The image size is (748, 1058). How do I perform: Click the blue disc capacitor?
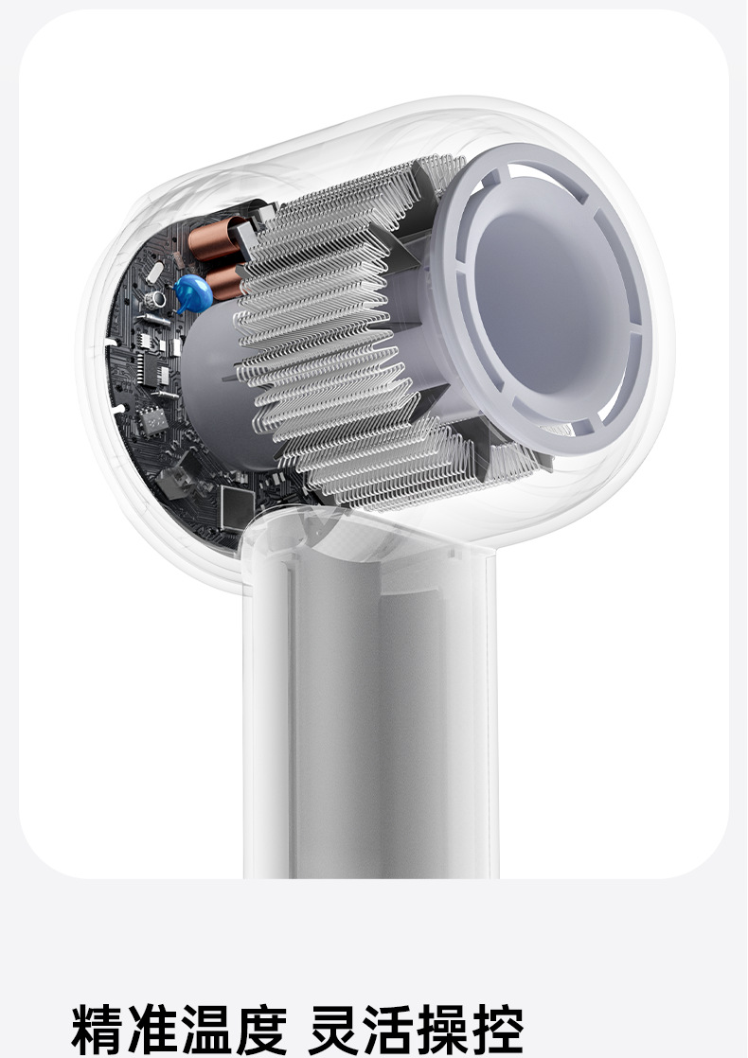coord(193,292)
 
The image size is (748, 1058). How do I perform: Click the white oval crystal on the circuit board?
coord(154,272)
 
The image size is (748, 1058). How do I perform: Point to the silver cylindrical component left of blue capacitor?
coord(156,298)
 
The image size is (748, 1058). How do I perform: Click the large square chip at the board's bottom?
coord(238,506)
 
